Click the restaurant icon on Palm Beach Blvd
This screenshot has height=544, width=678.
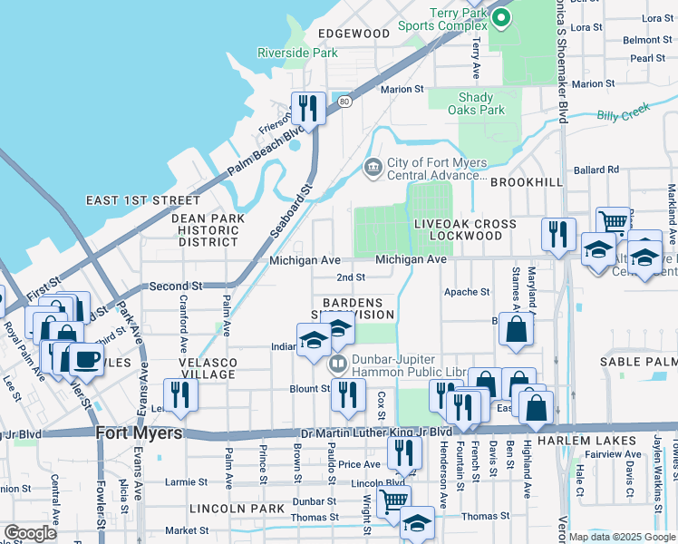click(308, 109)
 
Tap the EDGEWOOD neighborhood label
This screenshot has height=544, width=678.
click(354, 34)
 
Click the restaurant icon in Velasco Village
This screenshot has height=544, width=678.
click(181, 394)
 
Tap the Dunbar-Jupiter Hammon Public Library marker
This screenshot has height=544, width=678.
click(338, 364)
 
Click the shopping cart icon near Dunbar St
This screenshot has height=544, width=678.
click(393, 500)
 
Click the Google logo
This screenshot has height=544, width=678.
click(31, 532)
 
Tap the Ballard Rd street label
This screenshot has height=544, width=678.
click(596, 170)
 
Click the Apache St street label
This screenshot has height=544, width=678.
click(466, 292)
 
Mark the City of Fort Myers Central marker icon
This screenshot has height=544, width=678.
click(373, 168)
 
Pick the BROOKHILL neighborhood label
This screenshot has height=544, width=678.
click(527, 182)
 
